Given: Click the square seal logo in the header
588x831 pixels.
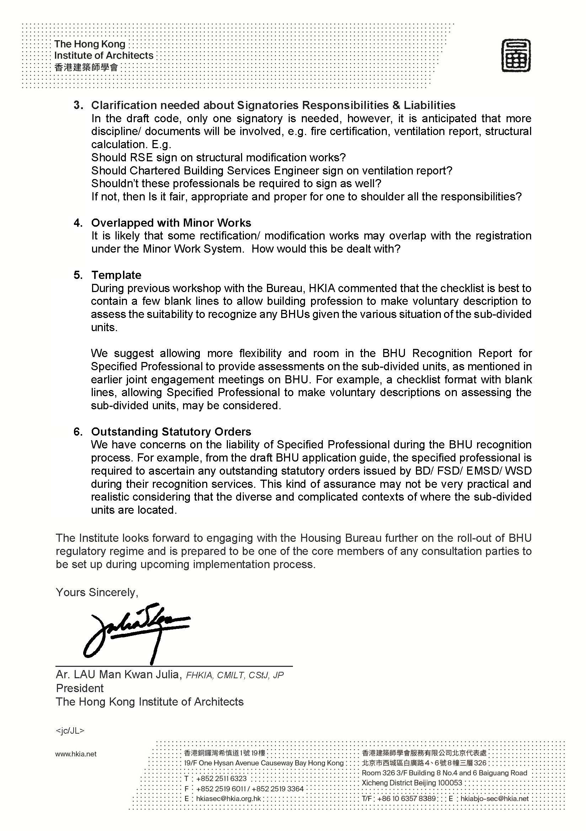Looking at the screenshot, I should tap(516, 56).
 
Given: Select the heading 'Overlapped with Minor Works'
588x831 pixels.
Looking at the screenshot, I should tap(171, 223).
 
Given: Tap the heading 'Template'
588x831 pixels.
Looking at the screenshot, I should tap(116, 275).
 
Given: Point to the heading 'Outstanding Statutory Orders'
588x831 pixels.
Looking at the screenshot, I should tap(171, 432).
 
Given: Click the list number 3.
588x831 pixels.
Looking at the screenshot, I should tap(78, 105).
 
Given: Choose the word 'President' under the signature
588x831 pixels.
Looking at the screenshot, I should tap(80, 688).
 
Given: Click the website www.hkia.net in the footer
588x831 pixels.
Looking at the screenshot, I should tap(76, 754).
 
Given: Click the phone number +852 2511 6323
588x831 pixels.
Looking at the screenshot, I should tap(221, 778).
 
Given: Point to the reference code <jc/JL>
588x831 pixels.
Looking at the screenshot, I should tap(70, 731).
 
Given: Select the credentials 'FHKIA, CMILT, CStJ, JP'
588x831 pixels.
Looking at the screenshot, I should tap(235, 675).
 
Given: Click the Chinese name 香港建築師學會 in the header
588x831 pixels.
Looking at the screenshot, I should tap(86, 67).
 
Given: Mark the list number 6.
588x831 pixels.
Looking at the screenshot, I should tap(78, 432).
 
